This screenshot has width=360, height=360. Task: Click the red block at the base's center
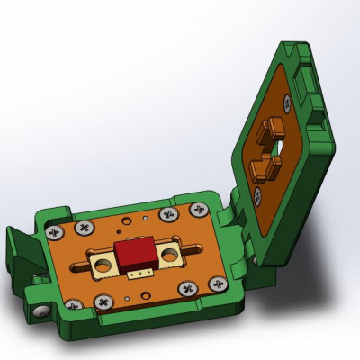tap(136, 252)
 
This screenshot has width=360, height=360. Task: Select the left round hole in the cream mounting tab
tap(103, 264)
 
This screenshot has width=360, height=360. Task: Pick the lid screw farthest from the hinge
tap(286, 105)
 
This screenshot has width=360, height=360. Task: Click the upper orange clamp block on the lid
tap(269, 130)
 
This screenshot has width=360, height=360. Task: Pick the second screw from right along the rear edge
tap(167, 215)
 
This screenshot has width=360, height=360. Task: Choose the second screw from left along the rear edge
tap(87, 229)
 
